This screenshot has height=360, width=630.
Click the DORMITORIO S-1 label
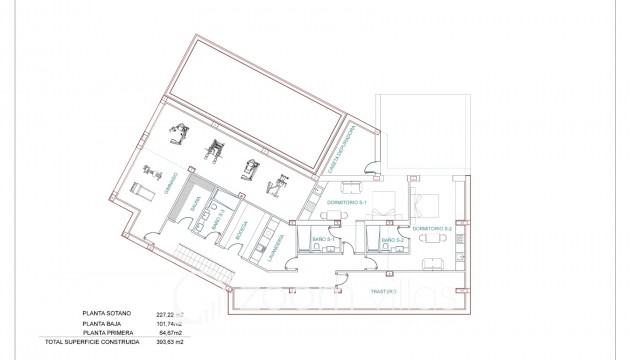(347, 204)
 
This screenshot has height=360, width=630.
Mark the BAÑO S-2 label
(393, 241)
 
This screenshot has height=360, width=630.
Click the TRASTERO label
(382, 292)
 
